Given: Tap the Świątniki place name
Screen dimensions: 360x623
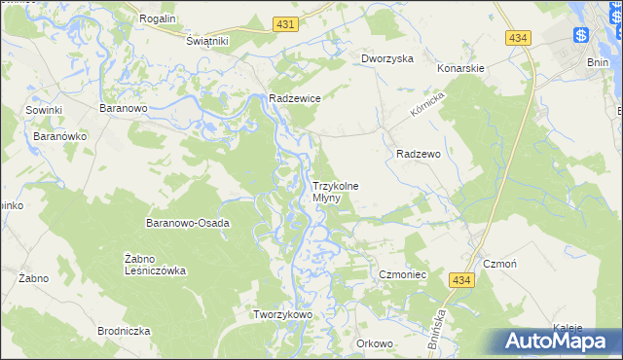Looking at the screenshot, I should (x=206, y=41).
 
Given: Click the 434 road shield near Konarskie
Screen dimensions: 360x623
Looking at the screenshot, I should (x=518, y=37).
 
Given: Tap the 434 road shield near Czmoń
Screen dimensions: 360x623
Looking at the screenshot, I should (x=461, y=280).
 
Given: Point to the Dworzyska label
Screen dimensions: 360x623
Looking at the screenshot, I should (x=387, y=58).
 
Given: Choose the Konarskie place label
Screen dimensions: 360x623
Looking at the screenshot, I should (x=460, y=69).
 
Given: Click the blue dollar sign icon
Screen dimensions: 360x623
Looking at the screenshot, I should (x=581, y=36).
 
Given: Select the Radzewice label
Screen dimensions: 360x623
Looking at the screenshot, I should (x=295, y=98).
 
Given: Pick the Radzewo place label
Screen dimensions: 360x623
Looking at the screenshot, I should (x=420, y=154).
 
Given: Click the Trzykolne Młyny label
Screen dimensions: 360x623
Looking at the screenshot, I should (x=335, y=192).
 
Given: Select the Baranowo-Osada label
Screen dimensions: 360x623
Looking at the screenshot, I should (x=188, y=223).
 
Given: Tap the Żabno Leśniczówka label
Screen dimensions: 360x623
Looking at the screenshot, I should (x=155, y=264).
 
